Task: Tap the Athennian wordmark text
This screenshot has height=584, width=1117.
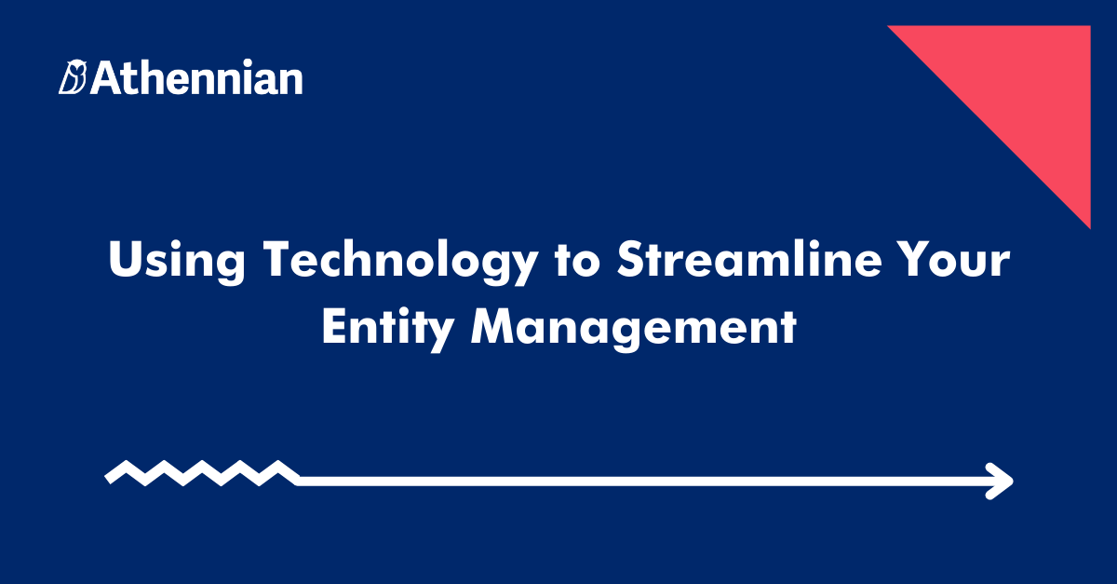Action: click(x=197, y=78)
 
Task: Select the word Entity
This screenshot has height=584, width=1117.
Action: click(x=388, y=329)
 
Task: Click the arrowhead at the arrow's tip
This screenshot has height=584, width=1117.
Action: click(x=1000, y=482)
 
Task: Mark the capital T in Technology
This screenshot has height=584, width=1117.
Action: click(x=277, y=261)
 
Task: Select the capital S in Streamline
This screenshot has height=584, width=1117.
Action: click(x=632, y=261)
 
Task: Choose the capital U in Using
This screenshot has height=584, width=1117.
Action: click(x=125, y=261)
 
